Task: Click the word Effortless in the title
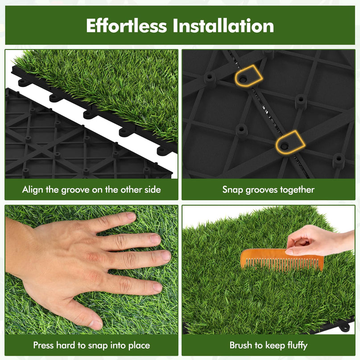(x=126, y=25)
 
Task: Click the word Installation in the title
(x=223, y=25)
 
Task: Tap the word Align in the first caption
(x=33, y=190)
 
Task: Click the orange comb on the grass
(x=281, y=260)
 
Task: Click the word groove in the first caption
(x=75, y=190)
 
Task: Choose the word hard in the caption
(x=66, y=345)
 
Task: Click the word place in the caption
(x=139, y=346)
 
